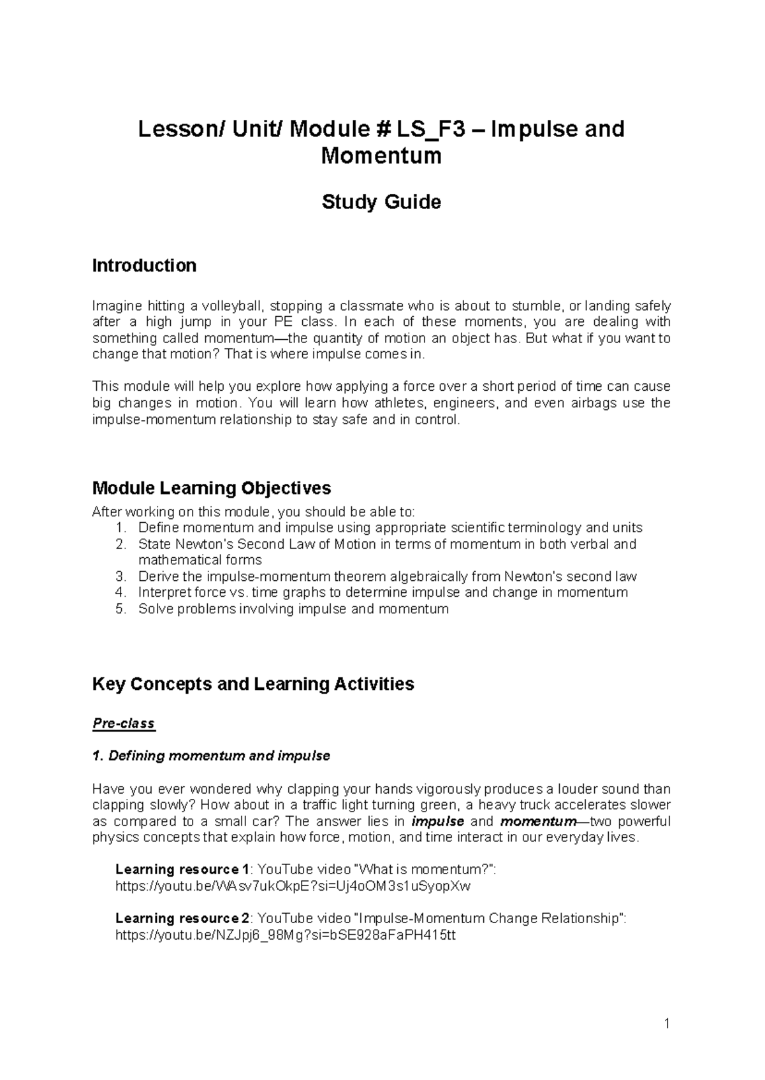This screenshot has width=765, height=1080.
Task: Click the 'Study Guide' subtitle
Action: pos(381,202)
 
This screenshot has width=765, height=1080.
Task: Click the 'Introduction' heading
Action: pos(144,265)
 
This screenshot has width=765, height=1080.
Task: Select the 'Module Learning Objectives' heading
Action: pos(212,488)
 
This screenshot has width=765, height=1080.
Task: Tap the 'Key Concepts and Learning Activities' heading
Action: pos(253,684)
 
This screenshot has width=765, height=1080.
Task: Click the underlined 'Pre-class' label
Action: pos(124,724)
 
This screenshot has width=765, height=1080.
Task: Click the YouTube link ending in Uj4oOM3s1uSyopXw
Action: pos(293,886)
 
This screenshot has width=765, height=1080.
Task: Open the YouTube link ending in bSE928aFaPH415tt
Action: pos(285,935)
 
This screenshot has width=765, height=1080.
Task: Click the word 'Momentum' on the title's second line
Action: pos(381,156)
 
